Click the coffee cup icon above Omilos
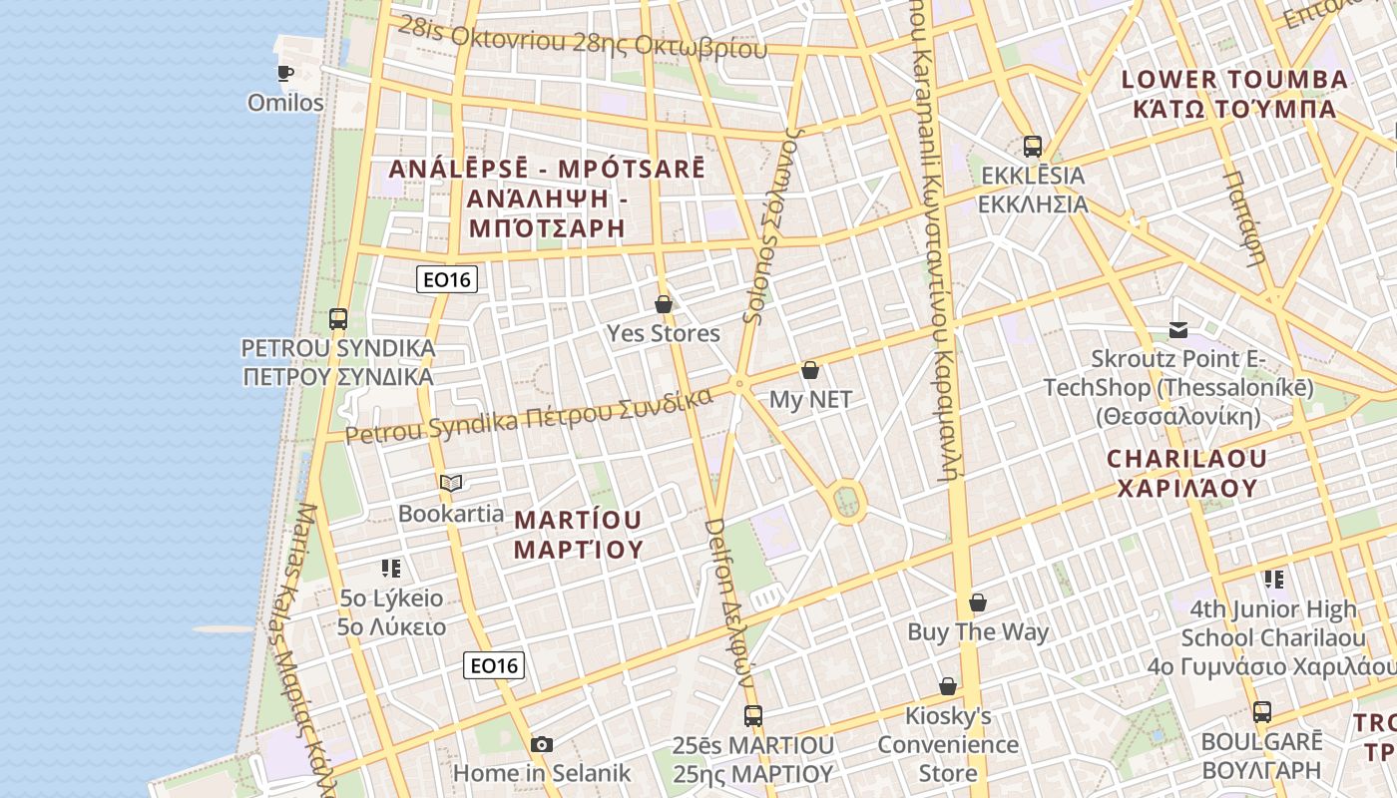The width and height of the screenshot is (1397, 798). point(285,73)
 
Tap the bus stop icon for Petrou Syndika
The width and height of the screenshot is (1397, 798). point(338,319)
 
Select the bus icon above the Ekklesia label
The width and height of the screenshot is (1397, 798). point(1033,147)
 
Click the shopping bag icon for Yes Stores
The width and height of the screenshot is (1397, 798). point(664,304)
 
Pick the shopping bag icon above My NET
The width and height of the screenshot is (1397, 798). point(810,370)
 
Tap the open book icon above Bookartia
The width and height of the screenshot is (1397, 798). point(451,484)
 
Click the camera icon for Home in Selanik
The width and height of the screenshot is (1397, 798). point(542,744)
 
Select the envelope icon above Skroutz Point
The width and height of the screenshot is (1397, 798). point(1178,329)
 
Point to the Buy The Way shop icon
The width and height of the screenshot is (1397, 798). point(978,602)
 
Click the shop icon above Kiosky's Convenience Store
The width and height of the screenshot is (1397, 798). point(948,686)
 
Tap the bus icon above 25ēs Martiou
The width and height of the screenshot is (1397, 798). point(753,715)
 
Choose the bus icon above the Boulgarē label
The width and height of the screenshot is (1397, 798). point(1262,712)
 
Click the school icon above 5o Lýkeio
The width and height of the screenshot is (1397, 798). point(391,569)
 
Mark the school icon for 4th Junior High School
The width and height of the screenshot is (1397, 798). point(1273,579)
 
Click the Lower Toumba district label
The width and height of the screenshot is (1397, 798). point(1234,94)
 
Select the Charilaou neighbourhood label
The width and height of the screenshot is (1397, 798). point(1185,474)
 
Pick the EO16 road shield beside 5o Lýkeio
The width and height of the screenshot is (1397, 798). point(494,665)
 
